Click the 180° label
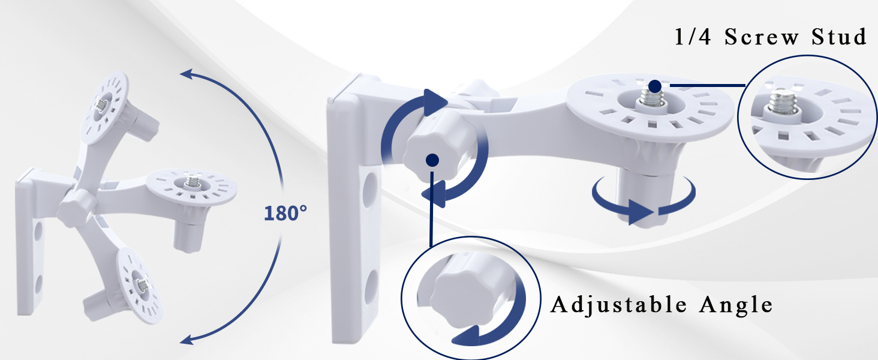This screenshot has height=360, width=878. [285, 213]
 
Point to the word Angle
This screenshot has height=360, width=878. [736, 305]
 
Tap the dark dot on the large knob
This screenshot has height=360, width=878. [432, 160]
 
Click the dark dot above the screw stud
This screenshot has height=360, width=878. [655, 86]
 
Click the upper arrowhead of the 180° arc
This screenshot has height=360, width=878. [186, 74]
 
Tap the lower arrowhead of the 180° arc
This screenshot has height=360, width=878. [187, 340]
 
